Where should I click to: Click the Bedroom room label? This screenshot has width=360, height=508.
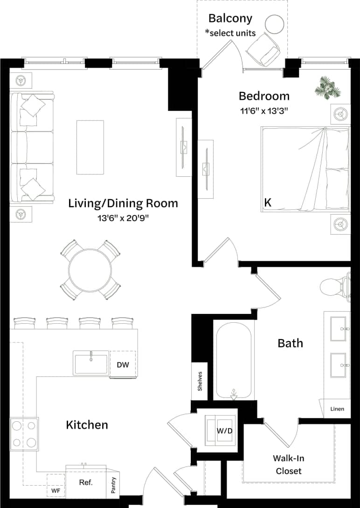click(264, 96)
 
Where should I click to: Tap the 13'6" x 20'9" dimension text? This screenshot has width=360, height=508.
click(123, 217)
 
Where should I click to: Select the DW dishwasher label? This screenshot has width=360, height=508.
click(123, 365)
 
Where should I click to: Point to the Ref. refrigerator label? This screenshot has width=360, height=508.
click(86, 482)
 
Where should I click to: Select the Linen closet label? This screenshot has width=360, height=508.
click(337, 409)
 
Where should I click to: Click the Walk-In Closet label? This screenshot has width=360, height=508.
click(289, 465)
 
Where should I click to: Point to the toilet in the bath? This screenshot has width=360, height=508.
click(334, 286)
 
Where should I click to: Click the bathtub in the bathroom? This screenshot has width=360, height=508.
click(234, 359)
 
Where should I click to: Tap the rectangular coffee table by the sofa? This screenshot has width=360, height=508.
click(90, 147)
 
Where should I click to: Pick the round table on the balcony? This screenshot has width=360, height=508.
click(275, 24)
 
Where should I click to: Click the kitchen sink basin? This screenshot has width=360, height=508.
click(91, 363)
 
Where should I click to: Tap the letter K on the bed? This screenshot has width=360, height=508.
click(268, 202)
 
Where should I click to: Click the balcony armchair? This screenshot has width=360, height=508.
click(263, 49)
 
